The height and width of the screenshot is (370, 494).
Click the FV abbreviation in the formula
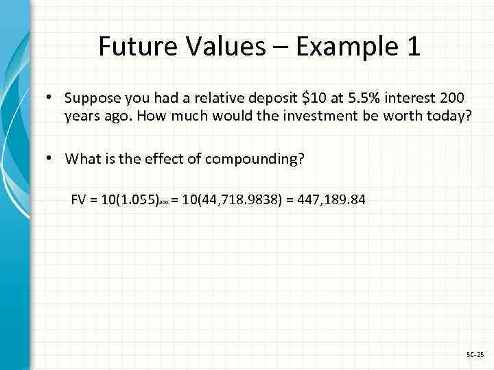tap(80, 201)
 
